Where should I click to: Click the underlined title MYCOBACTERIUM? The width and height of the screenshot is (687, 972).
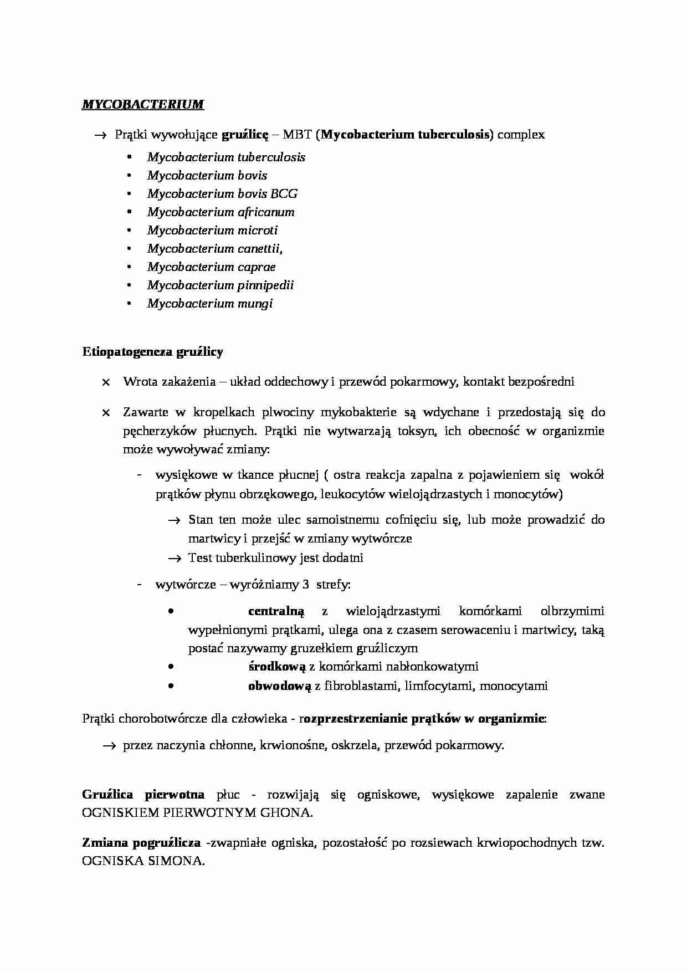pos(142,104)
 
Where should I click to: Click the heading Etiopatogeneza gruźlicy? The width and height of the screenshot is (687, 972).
pos(152,352)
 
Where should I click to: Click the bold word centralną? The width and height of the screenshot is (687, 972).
pos(276,611)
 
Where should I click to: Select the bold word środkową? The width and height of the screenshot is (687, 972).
pos(276,667)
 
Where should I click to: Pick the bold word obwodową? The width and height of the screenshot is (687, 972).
pos(279,686)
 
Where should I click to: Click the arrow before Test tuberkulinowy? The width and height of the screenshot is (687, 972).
pos(175,559)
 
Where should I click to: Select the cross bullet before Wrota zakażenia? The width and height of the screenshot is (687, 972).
pos(106,382)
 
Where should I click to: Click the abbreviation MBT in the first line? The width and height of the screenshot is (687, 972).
pos(297,135)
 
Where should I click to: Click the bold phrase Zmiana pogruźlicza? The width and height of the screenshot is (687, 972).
pos(141,843)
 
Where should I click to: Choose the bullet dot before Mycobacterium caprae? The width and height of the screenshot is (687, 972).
pos(130,267)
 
